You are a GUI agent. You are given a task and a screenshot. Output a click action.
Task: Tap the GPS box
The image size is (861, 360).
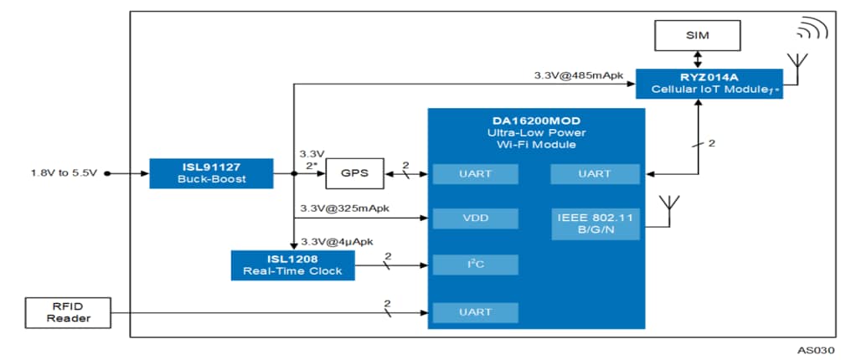click(353, 174)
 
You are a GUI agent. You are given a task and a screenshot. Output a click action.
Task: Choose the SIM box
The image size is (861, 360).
click(697, 35)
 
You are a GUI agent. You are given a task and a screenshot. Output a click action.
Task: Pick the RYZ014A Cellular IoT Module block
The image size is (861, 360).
click(709, 84)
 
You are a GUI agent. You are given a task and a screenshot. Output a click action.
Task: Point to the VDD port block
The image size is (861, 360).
click(474, 219)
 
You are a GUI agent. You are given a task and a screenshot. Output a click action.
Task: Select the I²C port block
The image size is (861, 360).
click(474, 265)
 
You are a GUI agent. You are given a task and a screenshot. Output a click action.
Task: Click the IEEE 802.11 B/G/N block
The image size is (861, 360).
click(595, 223)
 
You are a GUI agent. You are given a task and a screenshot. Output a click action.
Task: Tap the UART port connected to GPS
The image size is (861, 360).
click(474, 174)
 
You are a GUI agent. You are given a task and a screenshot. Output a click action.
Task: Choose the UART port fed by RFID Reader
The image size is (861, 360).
click(474, 312)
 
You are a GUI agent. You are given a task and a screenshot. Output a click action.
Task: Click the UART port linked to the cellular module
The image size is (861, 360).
click(595, 174)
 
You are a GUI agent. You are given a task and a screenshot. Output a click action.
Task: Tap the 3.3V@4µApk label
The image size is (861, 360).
click(337, 241)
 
